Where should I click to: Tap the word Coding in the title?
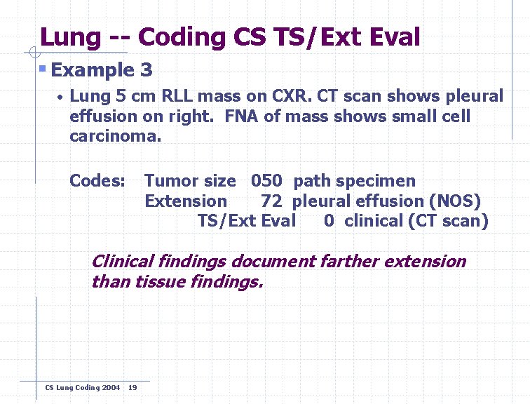pos(185,37)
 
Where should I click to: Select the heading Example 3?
pos(102,70)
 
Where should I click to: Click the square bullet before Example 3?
pos(43,69)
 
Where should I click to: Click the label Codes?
pos(97,181)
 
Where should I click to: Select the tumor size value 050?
pos(266,181)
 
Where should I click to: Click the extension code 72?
pos(271,201)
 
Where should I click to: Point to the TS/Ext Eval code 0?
pos(329,222)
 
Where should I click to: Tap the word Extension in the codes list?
pos(186,201)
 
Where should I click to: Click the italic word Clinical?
pos(123,262)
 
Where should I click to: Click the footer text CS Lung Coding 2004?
pos(82,387)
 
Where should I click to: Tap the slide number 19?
pos(133,387)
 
